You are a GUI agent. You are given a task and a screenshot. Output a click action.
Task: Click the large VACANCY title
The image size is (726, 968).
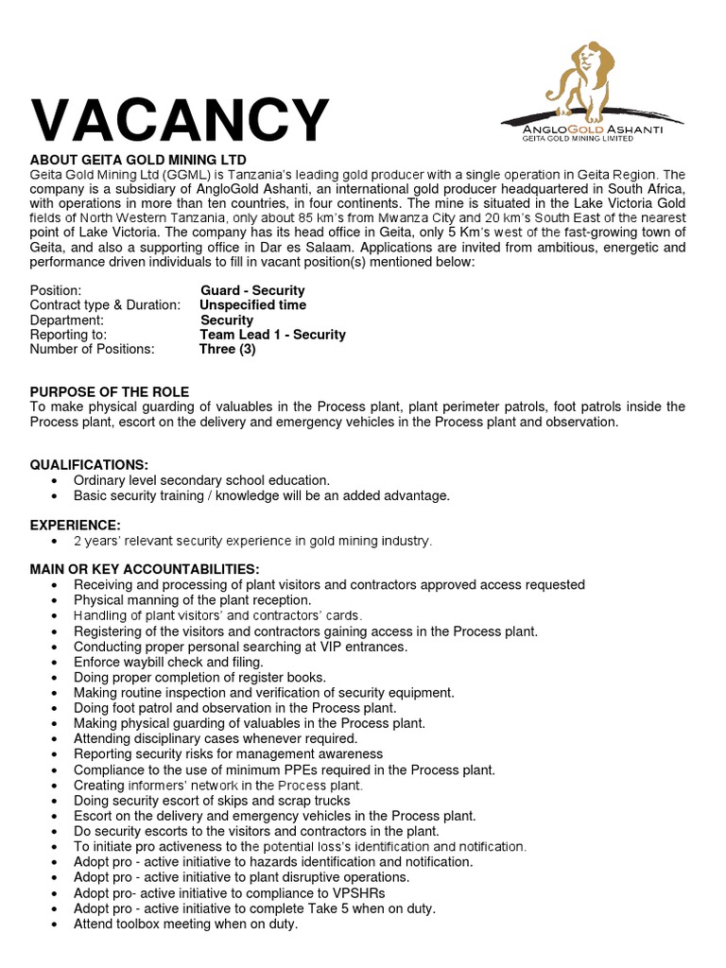[x=180, y=120]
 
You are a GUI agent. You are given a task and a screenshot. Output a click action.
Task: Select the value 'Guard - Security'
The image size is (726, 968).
[x=252, y=290]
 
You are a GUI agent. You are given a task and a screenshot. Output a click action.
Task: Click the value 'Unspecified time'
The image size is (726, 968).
[x=252, y=305]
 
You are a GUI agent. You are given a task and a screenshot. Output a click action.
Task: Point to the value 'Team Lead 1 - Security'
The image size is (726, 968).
[x=272, y=335]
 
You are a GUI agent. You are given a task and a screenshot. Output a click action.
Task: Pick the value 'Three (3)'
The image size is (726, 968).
[x=227, y=349]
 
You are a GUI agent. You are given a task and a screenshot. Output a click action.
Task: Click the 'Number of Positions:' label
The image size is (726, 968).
[x=92, y=349]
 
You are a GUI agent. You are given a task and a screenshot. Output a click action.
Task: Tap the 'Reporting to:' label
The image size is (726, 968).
[x=69, y=335]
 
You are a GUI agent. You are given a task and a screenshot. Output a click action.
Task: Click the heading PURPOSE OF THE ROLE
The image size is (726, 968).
[x=110, y=391]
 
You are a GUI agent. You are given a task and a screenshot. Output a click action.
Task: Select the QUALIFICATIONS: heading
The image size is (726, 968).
[x=89, y=465]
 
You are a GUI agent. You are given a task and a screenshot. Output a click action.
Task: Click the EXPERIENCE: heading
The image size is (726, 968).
[x=75, y=525]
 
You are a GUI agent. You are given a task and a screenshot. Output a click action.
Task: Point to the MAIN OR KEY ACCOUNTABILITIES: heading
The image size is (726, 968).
[x=145, y=569]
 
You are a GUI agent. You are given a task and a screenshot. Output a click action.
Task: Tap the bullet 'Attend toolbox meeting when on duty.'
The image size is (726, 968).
[x=185, y=924]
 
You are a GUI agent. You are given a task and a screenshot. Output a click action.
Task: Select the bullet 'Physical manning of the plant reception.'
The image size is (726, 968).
[x=192, y=600]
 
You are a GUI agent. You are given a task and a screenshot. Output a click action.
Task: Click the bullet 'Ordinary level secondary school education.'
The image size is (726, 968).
[x=201, y=480]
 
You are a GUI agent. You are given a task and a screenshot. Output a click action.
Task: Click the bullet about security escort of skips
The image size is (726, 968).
[x=212, y=801]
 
